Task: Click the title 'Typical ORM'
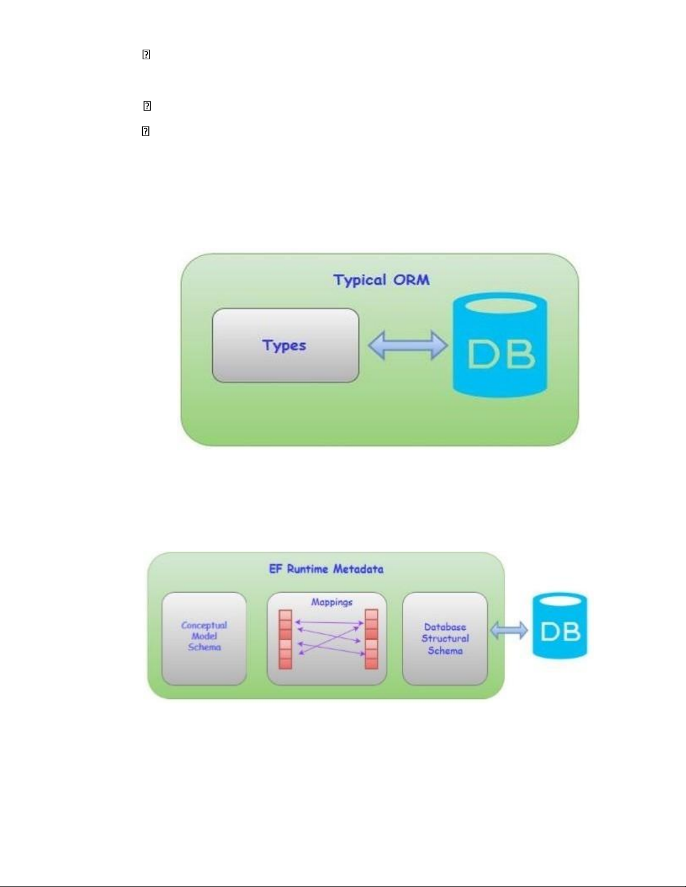[x=381, y=280]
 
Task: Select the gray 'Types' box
[x=285, y=345]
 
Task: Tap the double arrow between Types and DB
[x=408, y=345]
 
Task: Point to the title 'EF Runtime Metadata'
[x=326, y=569]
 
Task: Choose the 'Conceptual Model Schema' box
[x=204, y=639]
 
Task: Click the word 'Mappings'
[x=332, y=602]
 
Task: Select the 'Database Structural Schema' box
[x=445, y=639]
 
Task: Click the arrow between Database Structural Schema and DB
[x=508, y=631]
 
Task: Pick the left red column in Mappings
[x=286, y=639]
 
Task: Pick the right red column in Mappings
[x=371, y=639]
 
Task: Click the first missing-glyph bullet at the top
[x=146, y=55]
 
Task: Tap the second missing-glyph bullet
[x=147, y=106]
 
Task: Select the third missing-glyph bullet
[x=146, y=132]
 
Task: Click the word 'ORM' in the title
[x=411, y=280]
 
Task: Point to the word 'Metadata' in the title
[x=358, y=569]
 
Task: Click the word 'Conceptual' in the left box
[x=204, y=625]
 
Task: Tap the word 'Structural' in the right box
[x=445, y=639]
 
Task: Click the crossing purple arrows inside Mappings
[x=329, y=638]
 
